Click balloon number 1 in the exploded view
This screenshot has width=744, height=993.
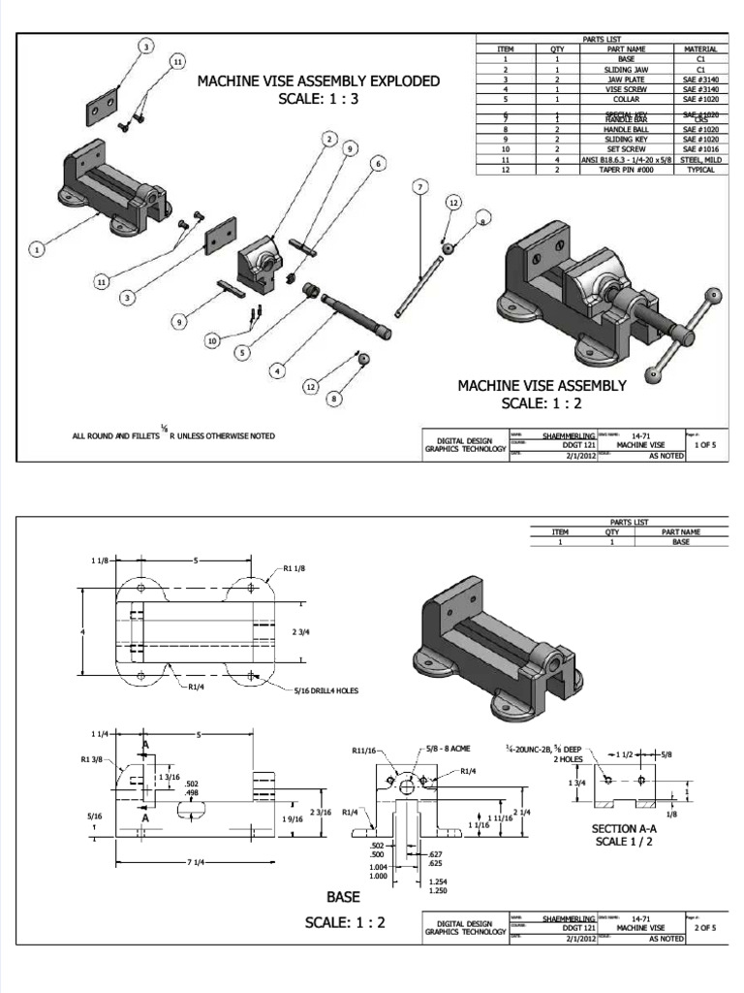pos(37,250)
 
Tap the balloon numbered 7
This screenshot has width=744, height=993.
pos(419,185)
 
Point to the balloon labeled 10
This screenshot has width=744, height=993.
pos(212,340)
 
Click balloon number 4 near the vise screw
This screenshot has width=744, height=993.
pos(277,369)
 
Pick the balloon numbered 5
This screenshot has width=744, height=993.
pos(240,353)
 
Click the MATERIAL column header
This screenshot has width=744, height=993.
pos(699,49)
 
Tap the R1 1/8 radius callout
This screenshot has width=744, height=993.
pos(295,568)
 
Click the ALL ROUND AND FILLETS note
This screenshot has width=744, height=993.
pos(173,436)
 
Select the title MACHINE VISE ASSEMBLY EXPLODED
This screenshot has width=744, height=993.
pos(319,80)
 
